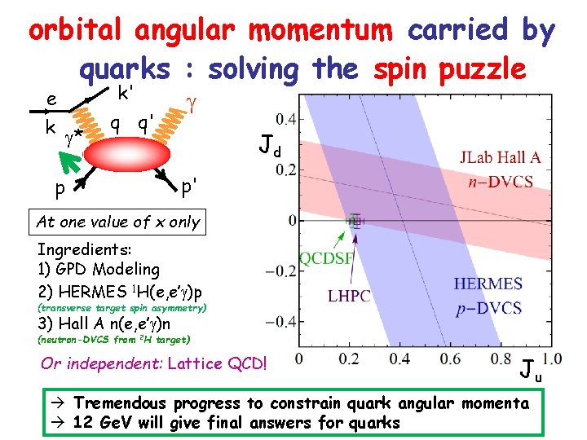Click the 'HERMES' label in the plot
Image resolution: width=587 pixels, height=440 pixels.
click(x=488, y=284)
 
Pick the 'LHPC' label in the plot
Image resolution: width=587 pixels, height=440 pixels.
click(x=349, y=297)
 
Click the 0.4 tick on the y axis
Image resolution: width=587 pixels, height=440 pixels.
click(x=285, y=120)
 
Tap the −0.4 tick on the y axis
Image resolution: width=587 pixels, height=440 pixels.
click(x=280, y=321)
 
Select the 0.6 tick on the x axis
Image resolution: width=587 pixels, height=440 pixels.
click(x=450, y=359)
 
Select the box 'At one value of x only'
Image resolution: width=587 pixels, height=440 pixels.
click(x=117, y=222)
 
